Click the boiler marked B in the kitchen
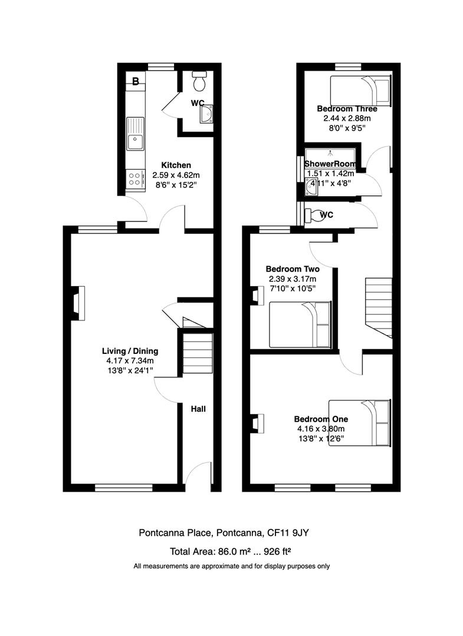click(x=135, y=81)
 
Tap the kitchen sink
click(x=135, y=134)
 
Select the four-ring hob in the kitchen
click(x=135, y=178)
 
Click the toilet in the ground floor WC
click(x=199, y=81)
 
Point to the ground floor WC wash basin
click(x=206, y=114)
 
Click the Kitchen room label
click(x=176, y=165)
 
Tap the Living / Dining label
click(x=130, y=351)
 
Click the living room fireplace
click(x=78, y=303)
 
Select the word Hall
click(x=198, y=409)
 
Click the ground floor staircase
click(x=198, y=353)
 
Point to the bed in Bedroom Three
click(x=360, y=91)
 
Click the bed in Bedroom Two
click(x=300, y=324)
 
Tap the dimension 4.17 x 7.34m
click(x=130, y=360)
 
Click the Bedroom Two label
click(x=293, y=269)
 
